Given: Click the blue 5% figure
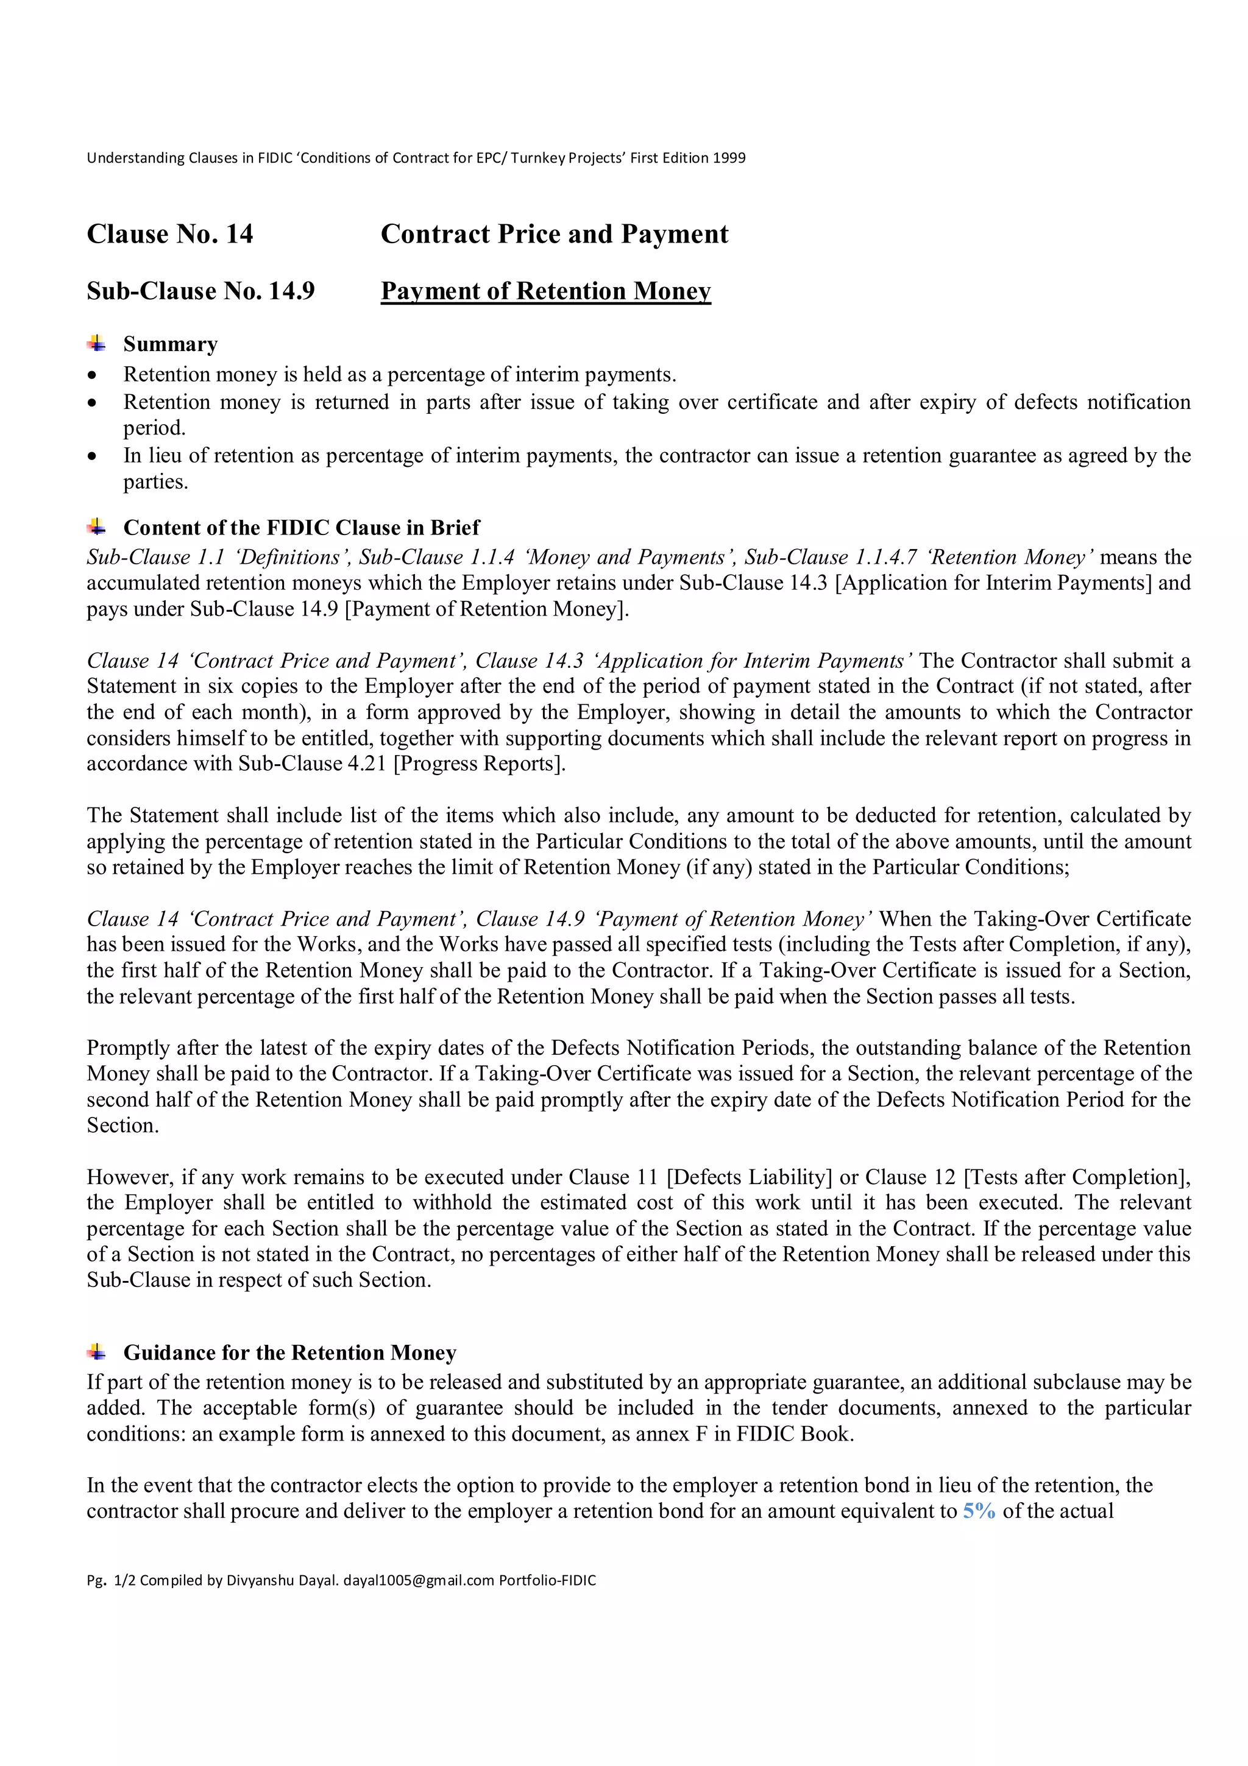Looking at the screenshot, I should (x=979, y=1511).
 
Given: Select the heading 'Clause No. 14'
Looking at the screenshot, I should (x=170, y=234).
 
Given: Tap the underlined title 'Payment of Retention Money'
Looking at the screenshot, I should (x=545, y=291).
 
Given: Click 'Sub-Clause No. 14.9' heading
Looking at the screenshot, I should (x=200, y=291).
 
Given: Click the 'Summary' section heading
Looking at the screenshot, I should (x=171, y=344).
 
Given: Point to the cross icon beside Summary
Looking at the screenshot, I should (x=97, y=343).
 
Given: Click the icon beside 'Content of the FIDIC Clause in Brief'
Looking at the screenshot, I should (x=97, y=527).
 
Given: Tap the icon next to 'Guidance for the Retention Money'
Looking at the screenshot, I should (x=97, y=1352).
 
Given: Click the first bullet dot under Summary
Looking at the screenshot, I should (x=93, y=376).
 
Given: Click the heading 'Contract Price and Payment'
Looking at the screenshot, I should (x=555, y=234).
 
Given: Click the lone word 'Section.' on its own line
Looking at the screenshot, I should (x=123, y=1126).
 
